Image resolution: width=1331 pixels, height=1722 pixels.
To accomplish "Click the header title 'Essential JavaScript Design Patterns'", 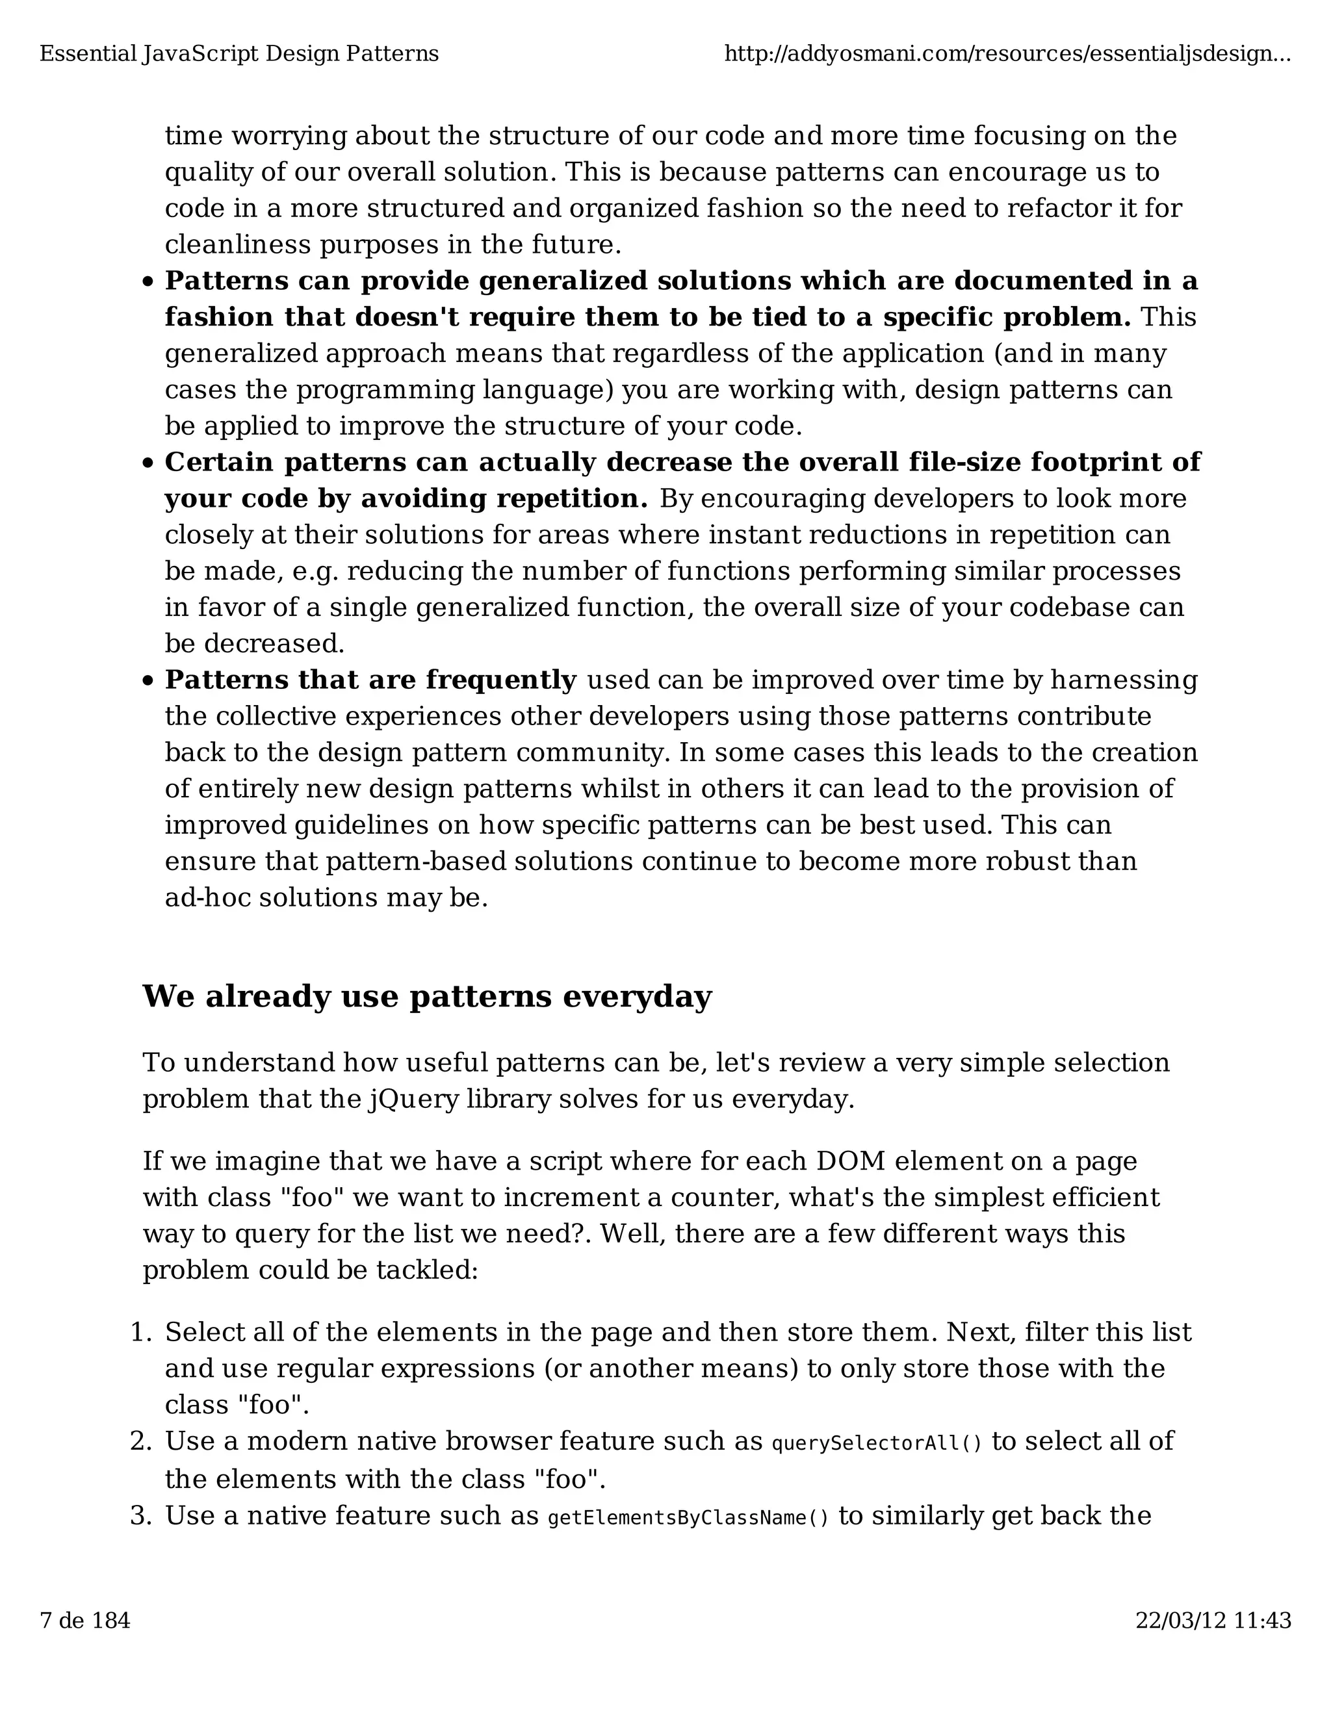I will pos(239,55).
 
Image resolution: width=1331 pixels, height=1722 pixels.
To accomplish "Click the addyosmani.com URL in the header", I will pos(1007,55).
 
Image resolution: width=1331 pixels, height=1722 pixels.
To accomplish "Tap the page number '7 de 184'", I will pos(84,1620).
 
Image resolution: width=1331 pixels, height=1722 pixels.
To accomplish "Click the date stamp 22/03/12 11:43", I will pos(1213,1620).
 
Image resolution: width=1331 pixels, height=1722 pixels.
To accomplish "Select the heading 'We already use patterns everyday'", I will pos(426,997).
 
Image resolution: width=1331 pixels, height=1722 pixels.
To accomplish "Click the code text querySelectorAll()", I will pos(877,1444).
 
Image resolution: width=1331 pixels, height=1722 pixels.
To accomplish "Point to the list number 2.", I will pos(140,1441).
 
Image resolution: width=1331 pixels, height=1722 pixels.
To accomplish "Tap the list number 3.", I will pos(140,1515).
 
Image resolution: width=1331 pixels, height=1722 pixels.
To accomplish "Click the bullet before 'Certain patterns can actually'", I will pos(148,463).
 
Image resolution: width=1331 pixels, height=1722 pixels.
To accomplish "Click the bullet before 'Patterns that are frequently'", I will pos(148,681).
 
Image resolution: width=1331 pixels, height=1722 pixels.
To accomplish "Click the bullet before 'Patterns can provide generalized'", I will pos(148,282).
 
